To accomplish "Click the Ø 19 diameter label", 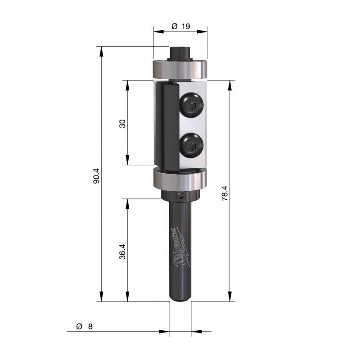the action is (181, 27).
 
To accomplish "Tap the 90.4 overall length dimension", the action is (96, 176).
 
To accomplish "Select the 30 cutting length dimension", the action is (122, 123).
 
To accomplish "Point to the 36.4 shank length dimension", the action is (122, 252).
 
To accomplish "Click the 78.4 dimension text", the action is (225, 193).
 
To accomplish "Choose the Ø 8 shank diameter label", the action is (85, 326).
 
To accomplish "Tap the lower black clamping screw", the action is (192, 145).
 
